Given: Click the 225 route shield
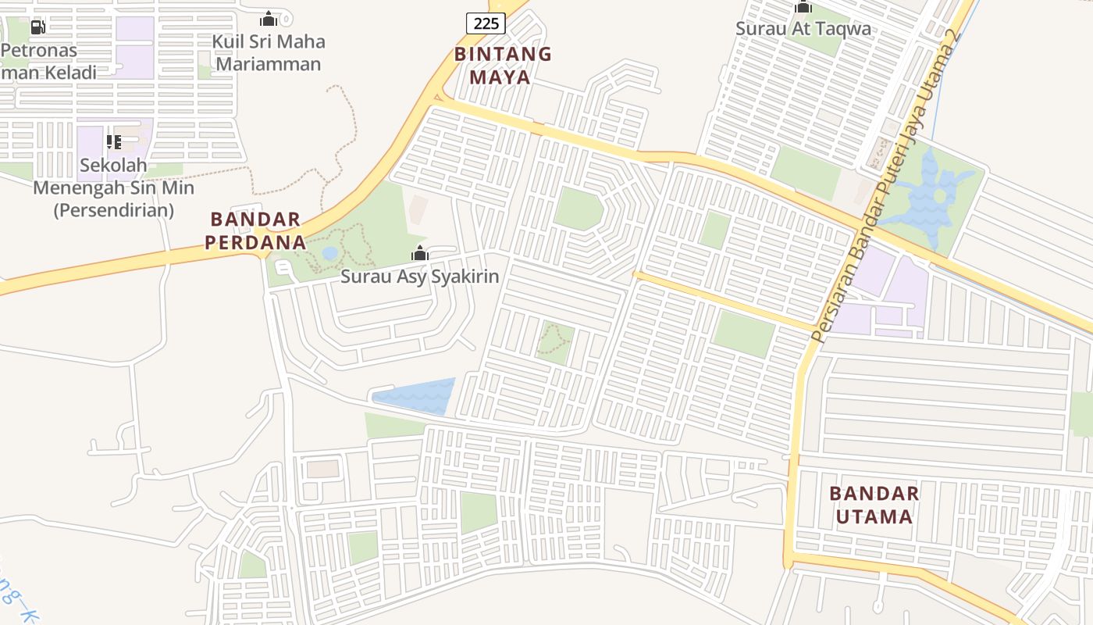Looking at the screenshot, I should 486,23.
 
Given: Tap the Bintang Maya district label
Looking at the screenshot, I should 503,66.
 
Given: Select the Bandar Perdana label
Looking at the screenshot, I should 256,230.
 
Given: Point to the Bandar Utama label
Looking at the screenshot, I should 874,505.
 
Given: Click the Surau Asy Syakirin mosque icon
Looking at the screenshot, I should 420,253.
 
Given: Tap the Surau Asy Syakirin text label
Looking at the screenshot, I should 420,277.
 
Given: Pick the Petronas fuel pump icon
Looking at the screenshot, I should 37,27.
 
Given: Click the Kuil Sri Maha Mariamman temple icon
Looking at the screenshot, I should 269,19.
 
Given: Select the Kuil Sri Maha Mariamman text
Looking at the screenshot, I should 269,52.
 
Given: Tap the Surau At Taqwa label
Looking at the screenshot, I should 803,29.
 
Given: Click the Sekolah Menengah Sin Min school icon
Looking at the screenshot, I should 114,142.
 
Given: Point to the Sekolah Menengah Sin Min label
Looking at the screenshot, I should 114,187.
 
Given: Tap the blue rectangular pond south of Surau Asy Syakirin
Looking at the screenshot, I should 416,396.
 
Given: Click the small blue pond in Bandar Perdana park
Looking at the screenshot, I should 330,253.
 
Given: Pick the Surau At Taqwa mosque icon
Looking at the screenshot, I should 803,7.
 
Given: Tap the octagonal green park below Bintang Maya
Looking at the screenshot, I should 579,209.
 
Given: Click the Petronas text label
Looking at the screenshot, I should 39,51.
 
